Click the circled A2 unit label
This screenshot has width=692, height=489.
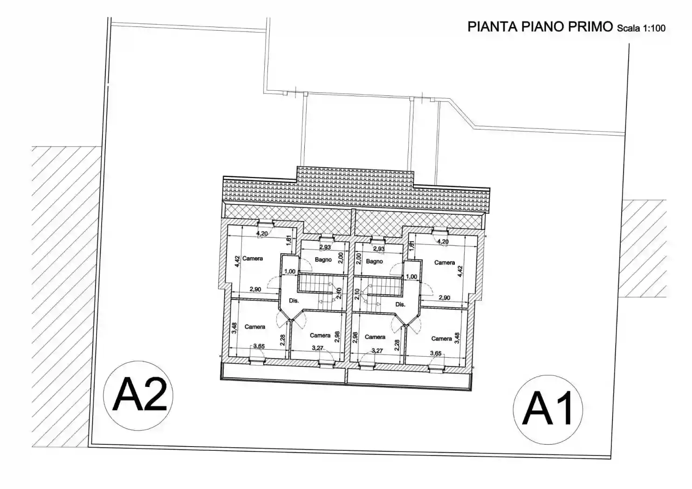coord(138,395)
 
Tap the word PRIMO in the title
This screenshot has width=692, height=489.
coord(589,27)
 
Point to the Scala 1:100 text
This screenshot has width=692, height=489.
coord(641,28)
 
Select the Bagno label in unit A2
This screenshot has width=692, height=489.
coord(323,260)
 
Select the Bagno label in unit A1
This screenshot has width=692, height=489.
coord(374,262)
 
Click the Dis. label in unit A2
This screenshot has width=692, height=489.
coord(294,301)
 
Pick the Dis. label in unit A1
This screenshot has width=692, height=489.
coord(400,305)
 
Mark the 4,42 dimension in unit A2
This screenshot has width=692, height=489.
coord(237,261)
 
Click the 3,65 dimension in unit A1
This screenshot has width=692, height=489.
coord(436,353)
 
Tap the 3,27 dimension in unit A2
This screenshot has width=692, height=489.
coord(317,348)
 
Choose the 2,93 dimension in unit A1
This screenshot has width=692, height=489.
coord(379,249)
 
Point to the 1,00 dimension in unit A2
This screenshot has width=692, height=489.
coord(289,272)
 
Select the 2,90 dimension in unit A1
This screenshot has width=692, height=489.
coord(445,298)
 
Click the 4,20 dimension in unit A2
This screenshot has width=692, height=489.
coord(262,234)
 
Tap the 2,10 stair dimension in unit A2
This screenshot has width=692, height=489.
coord(339,293)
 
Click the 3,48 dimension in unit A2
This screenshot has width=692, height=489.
coord(234,328)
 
